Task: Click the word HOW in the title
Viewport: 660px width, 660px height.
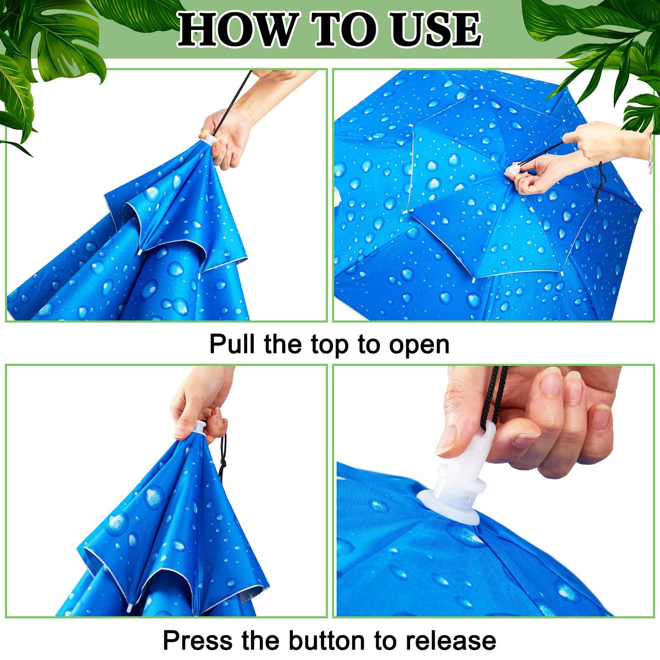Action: click(237, 30)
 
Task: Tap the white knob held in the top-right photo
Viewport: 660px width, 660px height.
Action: click(513, 170)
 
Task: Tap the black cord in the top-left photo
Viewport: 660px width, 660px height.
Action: click(232, 103)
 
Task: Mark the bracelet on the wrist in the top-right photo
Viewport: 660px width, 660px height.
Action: click(650, 154)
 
